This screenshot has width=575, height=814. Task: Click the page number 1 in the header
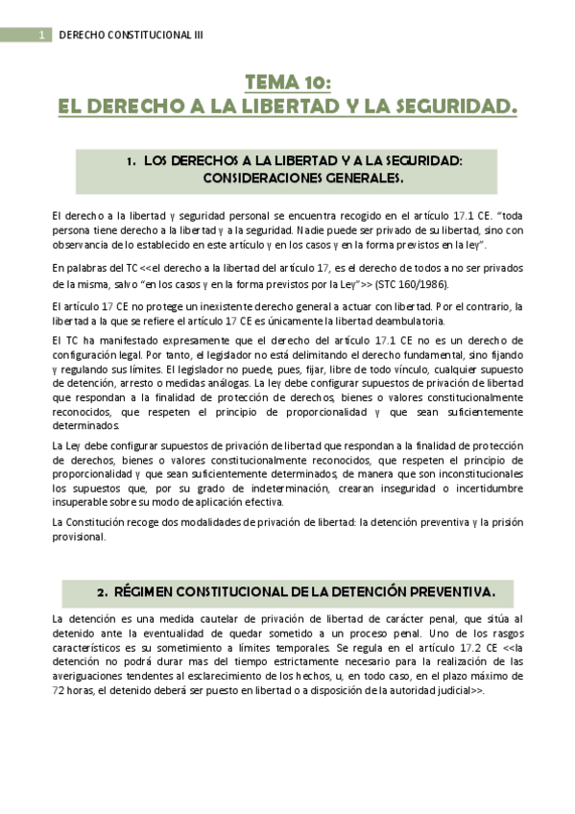(41, 36)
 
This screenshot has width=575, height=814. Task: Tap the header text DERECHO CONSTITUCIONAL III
(132, 36)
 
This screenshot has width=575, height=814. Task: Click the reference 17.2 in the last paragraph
(465, 649)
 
